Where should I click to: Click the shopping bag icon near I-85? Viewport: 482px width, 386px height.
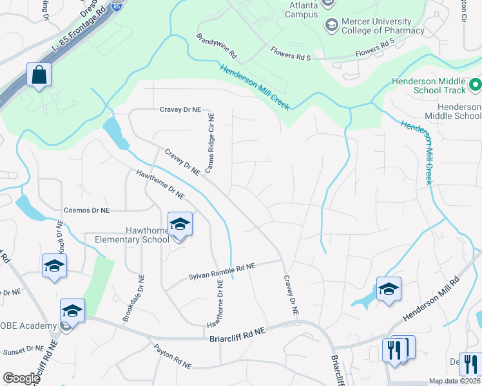click(39, 75)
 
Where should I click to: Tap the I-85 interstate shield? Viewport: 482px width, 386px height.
click(116, 6)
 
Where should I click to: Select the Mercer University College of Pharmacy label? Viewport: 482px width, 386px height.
click(383, 26)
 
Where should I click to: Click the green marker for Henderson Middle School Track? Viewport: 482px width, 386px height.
click(475, 84)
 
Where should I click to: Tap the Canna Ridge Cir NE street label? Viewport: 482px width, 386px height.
click(210, 143)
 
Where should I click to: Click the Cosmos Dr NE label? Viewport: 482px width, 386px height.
click(87, 210)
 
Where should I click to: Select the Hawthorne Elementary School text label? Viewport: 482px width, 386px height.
click(131, 235)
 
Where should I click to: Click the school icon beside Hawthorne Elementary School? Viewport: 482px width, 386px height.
click(180, 225)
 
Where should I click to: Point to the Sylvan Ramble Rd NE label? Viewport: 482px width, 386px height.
click(222, 270)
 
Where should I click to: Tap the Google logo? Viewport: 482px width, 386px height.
click(21, 378)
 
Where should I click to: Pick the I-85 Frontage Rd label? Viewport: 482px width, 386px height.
click(59, 42)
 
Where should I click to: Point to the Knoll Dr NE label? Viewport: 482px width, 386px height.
click(61, 238)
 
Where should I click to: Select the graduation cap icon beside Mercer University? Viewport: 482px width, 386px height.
click(331, 25)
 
